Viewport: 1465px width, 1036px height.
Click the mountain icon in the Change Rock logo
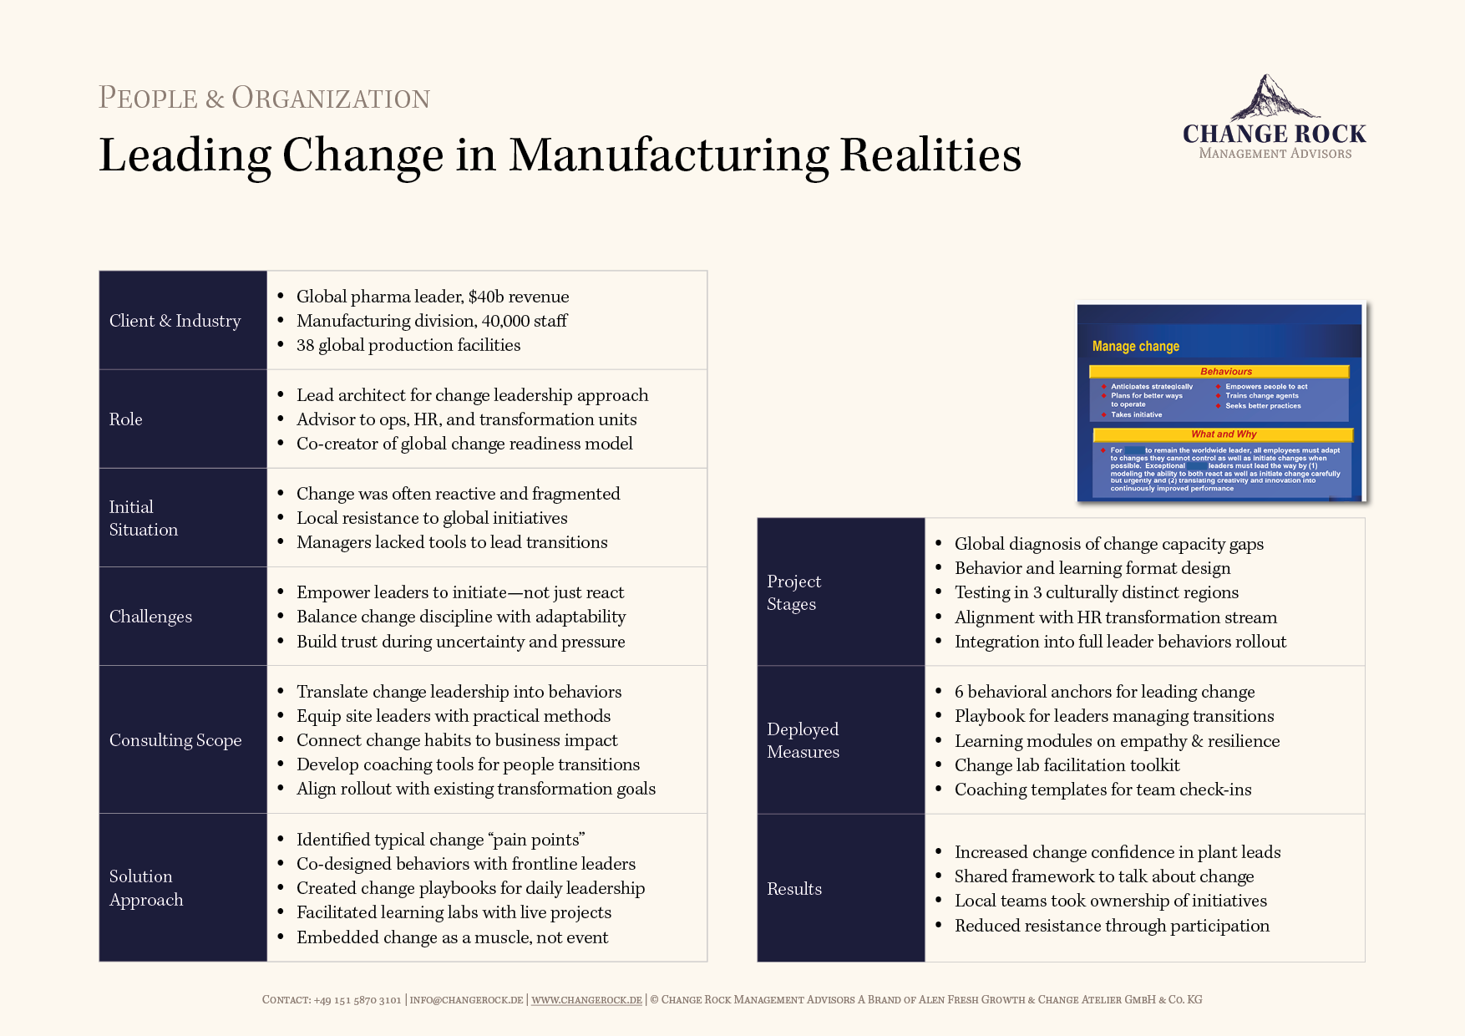click(1270, 98)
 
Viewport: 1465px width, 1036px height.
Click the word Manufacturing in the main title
click(668, 155)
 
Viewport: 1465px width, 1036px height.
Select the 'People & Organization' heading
click(264, 98)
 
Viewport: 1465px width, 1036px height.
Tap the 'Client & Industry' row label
click(175, 321)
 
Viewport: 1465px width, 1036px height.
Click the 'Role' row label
click(126, 419)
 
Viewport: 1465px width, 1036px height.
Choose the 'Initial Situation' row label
click(144, 518)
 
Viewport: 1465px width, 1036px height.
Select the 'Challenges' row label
click(151, 617)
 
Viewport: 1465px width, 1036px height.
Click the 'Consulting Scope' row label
click(175, 740)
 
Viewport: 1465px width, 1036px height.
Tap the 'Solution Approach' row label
click(146, 888)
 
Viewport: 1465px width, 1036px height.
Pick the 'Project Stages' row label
click(793, 592)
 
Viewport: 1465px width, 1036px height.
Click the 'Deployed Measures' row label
click(803, 740)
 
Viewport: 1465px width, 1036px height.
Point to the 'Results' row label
click(794, 889)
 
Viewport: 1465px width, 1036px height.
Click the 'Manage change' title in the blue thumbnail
click(1136, 346)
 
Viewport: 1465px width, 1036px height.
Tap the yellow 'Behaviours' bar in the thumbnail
click(1219, 372)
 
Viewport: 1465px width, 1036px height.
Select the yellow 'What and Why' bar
click(1223, 434)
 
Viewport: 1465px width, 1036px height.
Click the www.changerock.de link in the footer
click(586, 1000)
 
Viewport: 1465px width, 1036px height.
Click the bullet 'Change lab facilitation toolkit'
click(1067, 765)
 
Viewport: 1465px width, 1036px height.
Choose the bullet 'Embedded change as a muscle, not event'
click(452, 937)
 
